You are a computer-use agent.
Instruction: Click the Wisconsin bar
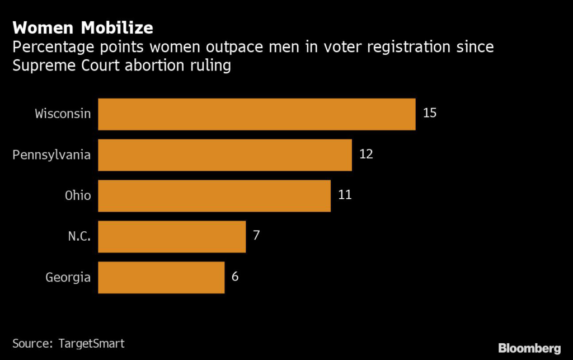(256, 114)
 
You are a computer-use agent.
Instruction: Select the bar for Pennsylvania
(225, 155)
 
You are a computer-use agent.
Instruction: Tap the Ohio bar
(214, 196)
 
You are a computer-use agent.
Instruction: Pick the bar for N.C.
(172, 236)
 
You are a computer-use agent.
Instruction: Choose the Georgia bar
(161, 277)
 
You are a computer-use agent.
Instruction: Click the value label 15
(430, 113)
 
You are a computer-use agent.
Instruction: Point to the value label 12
(366, 154)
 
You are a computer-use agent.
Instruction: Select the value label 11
(345, 195)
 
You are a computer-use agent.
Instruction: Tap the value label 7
(256, 235)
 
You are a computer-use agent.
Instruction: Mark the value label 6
(235, 276)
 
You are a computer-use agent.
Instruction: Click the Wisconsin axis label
(63, 114)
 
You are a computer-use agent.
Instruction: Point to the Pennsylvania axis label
(52, 155)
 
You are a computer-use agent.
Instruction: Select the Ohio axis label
(77, 195)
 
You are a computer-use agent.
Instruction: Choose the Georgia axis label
(68, 277)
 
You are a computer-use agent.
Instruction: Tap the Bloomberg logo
(529, 348)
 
